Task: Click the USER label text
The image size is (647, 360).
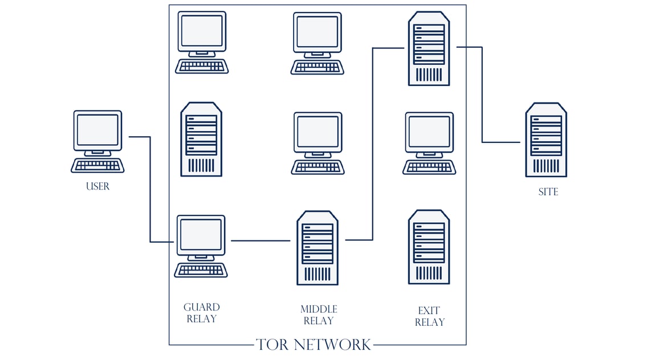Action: [97, 186]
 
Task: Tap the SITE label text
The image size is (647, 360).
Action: [548, 192]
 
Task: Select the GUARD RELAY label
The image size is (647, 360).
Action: [201, 313]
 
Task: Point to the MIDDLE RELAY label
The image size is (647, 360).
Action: [319, 314]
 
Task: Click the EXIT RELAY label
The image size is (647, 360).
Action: [429, 316]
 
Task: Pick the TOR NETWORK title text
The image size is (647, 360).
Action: [314, 344]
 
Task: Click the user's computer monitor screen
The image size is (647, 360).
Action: [97, 130]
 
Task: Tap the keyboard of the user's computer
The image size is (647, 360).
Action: [97, 166]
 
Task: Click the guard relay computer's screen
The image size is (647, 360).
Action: [201, 235]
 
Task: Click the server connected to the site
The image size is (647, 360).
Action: [429, 48]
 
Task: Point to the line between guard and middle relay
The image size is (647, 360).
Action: [260, 240]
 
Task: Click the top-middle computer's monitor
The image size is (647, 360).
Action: [318, 32]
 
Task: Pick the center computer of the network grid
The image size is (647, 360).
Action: [318, 142]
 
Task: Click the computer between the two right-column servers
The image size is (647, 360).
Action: [429, 142]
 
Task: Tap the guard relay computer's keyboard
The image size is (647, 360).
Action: [201, 270]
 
